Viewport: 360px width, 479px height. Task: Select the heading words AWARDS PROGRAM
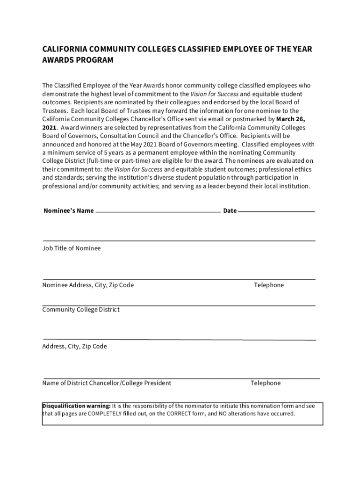click(x=78, y=60)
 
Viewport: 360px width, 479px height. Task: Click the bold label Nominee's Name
click(x=68, y=211)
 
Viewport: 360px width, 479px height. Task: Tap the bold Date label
click(x=230, y=211)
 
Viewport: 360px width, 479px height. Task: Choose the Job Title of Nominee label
click(x=72, y=248)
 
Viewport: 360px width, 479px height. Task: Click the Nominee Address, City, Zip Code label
click(x=88, y=285)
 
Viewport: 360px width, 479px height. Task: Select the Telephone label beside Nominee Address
click(x=269, y=285)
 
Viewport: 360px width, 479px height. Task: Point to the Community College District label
click(x=81, y=310)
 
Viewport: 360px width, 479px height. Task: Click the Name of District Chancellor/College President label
click(x=107, y=383)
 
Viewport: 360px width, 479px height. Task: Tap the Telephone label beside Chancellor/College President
click(x=266, y=383)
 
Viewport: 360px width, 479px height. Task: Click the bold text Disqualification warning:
click(x=77, y=406)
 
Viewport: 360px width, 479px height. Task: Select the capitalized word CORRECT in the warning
click(x=178, y=414)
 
